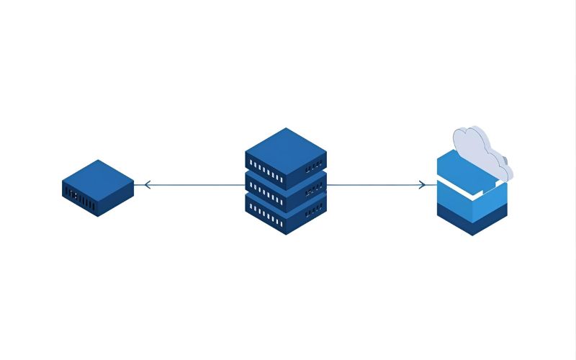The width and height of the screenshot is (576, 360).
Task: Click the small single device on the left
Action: [98, 189]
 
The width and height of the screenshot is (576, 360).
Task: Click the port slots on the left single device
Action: [80, 198]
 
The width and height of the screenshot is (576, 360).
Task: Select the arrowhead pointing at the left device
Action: [147, 185]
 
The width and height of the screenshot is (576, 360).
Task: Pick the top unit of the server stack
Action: [286, 155]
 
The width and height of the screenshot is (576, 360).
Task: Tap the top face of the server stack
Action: [286, 145]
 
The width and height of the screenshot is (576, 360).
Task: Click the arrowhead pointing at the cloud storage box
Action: [423, 185]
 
